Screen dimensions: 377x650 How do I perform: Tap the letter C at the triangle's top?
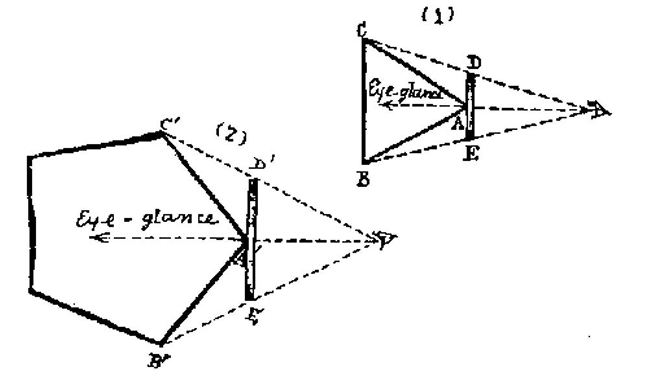tap(361, 29)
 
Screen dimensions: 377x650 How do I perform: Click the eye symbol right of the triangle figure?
tap(598, 109)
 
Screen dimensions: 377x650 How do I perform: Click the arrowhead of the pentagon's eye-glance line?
tap(96, 238)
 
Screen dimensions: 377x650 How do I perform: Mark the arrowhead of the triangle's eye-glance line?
tap(384, 104)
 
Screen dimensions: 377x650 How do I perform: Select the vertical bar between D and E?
tap(472, 107)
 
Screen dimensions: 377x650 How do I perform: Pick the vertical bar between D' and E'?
tap(252, 240)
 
